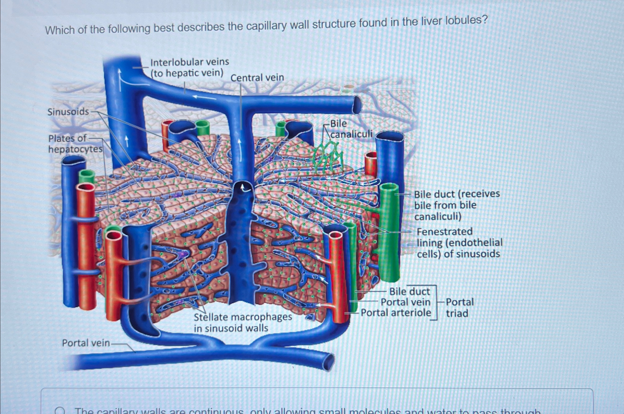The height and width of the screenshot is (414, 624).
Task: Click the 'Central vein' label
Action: [x=257, y=78]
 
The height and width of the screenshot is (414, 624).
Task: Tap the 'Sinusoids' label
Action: [x=68, y=112]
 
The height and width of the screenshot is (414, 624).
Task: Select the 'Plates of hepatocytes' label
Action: [x=75, y=144]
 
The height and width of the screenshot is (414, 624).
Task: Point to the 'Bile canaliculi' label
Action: [x=351, y=129]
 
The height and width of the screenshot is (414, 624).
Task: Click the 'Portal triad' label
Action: [x=460, y=308]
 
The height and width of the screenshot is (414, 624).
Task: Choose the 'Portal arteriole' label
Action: [x=396, y=313]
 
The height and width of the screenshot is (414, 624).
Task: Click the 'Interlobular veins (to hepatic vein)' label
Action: [x=189, y=67]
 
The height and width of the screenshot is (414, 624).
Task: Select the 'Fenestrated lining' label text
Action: [x=459, y=243]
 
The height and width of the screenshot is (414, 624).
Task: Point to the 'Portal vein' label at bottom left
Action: [x=86, y=343]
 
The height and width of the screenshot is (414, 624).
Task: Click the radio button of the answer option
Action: [x=60, y=411]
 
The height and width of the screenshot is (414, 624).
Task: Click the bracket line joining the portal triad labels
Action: [x=437, y=302]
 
